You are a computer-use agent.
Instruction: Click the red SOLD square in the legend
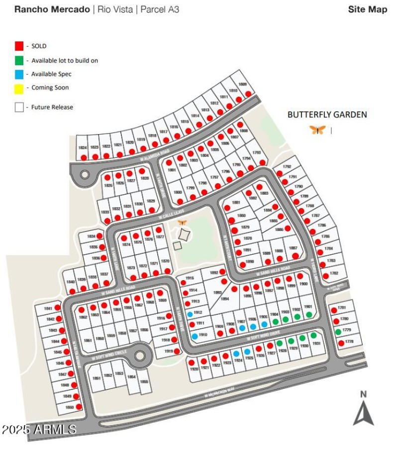click(19, 46)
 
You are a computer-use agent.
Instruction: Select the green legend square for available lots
click(19, 60)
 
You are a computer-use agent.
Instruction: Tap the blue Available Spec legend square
click(19, 74)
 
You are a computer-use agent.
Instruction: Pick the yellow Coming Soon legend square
click(19, 88)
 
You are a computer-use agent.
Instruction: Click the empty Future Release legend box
click(19, 107)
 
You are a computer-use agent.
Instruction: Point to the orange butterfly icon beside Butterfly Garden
click(317, 130)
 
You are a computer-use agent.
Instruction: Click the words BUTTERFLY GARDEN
click(327, 115)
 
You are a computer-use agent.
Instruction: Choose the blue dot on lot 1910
click(195, 336)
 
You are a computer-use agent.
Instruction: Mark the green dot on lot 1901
click(309, 314)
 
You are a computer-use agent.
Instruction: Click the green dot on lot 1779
click(338, 332)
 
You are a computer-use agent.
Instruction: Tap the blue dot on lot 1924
click(236, 354)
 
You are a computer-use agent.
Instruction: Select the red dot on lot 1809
click(248, 96)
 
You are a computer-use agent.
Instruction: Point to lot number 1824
click(82, 148)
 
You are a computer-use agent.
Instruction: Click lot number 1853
click(119, 374)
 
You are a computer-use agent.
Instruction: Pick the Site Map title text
click(367, 9)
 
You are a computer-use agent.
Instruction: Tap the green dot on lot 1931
click(313, 335)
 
